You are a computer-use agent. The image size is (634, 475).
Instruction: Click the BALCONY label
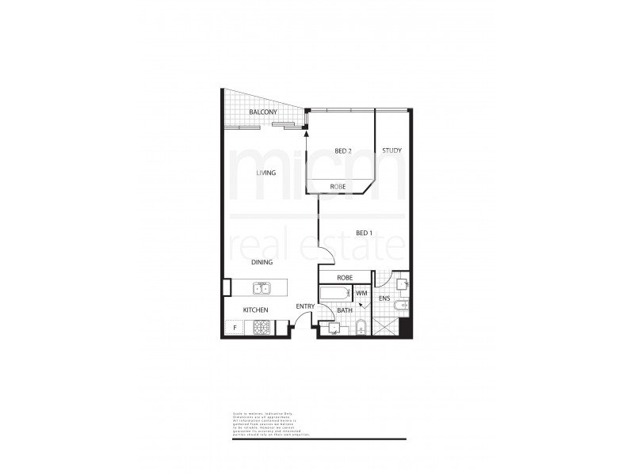[263, 113]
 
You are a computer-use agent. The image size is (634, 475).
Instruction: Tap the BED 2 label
[342, 150]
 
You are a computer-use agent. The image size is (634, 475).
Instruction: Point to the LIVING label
[265, 173]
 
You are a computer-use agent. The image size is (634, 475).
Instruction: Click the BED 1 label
[365, 233]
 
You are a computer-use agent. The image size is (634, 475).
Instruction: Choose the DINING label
[262, 262]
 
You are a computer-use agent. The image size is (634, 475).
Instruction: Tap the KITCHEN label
[255, 310]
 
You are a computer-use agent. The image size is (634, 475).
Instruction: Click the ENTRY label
[305, 306]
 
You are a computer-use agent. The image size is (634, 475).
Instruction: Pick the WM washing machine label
[361, 294]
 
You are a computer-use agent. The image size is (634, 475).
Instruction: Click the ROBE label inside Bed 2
[338, 187]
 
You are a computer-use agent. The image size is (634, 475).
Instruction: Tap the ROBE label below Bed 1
[345, 278]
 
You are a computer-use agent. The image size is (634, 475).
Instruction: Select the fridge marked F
[235, 328]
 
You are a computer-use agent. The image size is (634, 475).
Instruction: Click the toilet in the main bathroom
[360, 328]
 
